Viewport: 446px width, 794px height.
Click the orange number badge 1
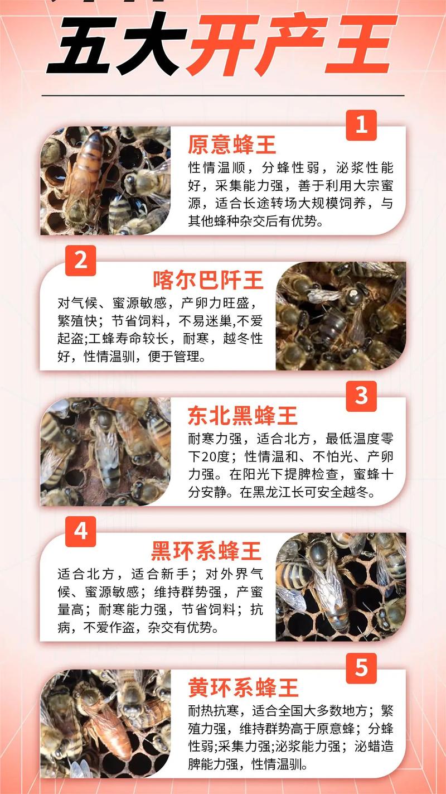[361, 125]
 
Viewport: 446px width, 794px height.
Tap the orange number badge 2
[81, 261]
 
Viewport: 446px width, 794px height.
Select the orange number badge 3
[361, 396]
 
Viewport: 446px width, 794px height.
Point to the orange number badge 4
[81, 531]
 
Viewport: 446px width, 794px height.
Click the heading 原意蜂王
[232, 145]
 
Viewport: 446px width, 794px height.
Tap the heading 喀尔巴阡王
[208, 281]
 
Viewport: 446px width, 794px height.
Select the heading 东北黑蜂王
[243, 416]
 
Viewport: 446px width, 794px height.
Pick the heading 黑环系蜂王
[206, 552]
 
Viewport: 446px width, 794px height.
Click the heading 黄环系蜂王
[243, 687]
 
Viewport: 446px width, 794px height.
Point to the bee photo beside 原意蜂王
[105, 181]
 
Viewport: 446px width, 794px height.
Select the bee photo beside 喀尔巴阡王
[341, 316]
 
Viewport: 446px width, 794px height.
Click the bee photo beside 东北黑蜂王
[105, 451]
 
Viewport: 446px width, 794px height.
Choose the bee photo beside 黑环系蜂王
[341, 586]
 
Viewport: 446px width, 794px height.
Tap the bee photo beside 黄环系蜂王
[105, 723]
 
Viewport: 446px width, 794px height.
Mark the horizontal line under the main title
[223, 96]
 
